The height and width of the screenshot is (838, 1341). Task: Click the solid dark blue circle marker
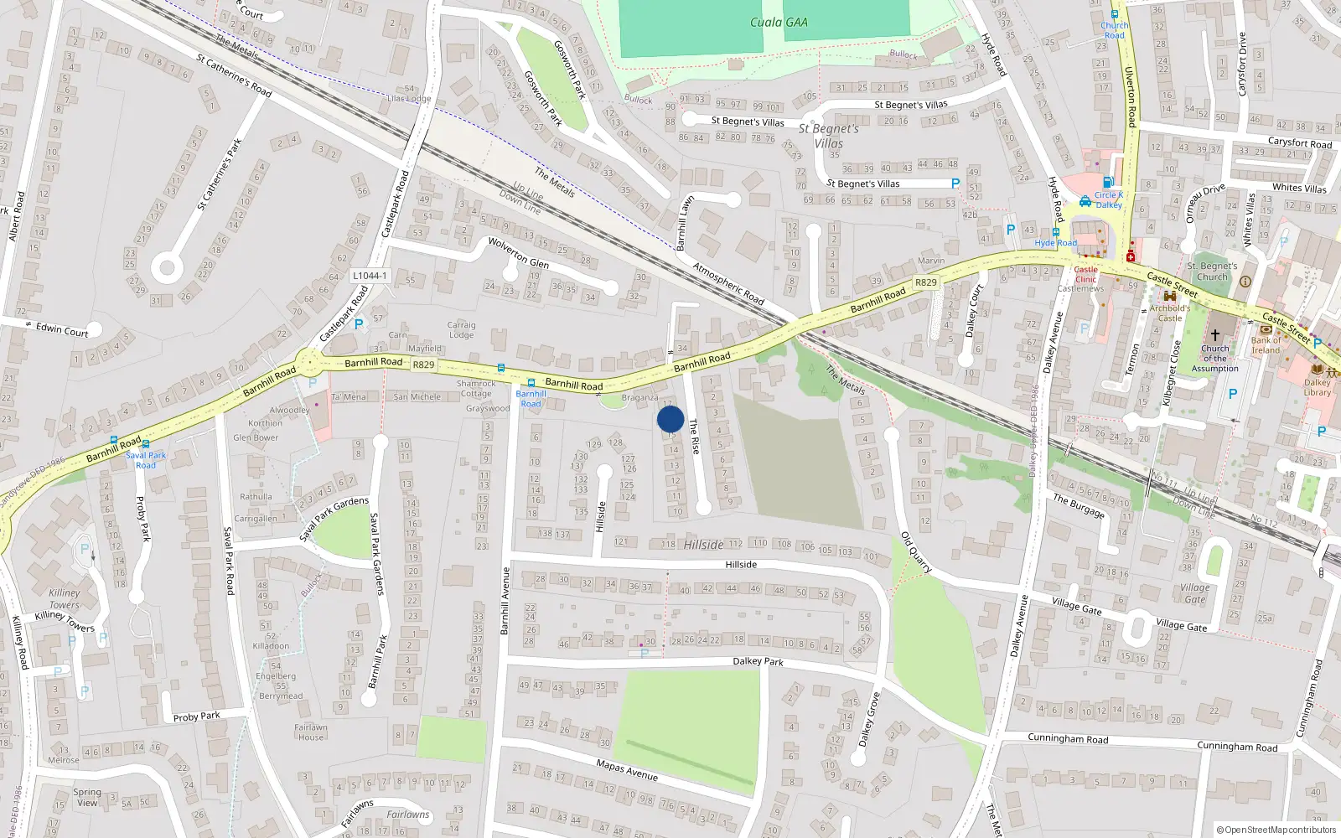pos(670,419)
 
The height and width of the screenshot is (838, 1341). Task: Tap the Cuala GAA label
pos(779,23)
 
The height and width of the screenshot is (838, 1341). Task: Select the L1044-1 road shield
pos(370,276)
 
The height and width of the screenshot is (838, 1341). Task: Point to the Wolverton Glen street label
pos(518,252)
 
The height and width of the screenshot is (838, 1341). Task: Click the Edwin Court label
pos(62,330)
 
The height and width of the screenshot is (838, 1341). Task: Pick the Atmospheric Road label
pos(728,284)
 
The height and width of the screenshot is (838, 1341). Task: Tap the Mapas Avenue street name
pos(627,769)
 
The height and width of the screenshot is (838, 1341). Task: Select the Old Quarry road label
pos(916,552)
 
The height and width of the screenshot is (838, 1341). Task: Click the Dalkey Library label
pos(1317,387)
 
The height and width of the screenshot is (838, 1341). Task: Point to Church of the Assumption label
pos(1214,359)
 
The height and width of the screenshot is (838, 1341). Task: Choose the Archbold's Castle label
pos(1169,313)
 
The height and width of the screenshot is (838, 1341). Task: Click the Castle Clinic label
pos(1085,274)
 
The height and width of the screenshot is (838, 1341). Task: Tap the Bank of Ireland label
pos(1266,345)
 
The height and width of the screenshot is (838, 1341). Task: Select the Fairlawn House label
pos(310,732)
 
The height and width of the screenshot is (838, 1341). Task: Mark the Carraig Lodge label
pos(461,329)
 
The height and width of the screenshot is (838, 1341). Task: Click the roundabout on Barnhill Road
pos(309,364)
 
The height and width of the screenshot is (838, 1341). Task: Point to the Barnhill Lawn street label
pos(686,223)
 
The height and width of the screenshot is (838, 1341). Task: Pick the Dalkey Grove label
pos(868,719)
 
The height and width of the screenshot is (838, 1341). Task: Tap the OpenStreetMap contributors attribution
pos(1276,830)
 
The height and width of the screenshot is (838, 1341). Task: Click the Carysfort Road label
pos(1299,143)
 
